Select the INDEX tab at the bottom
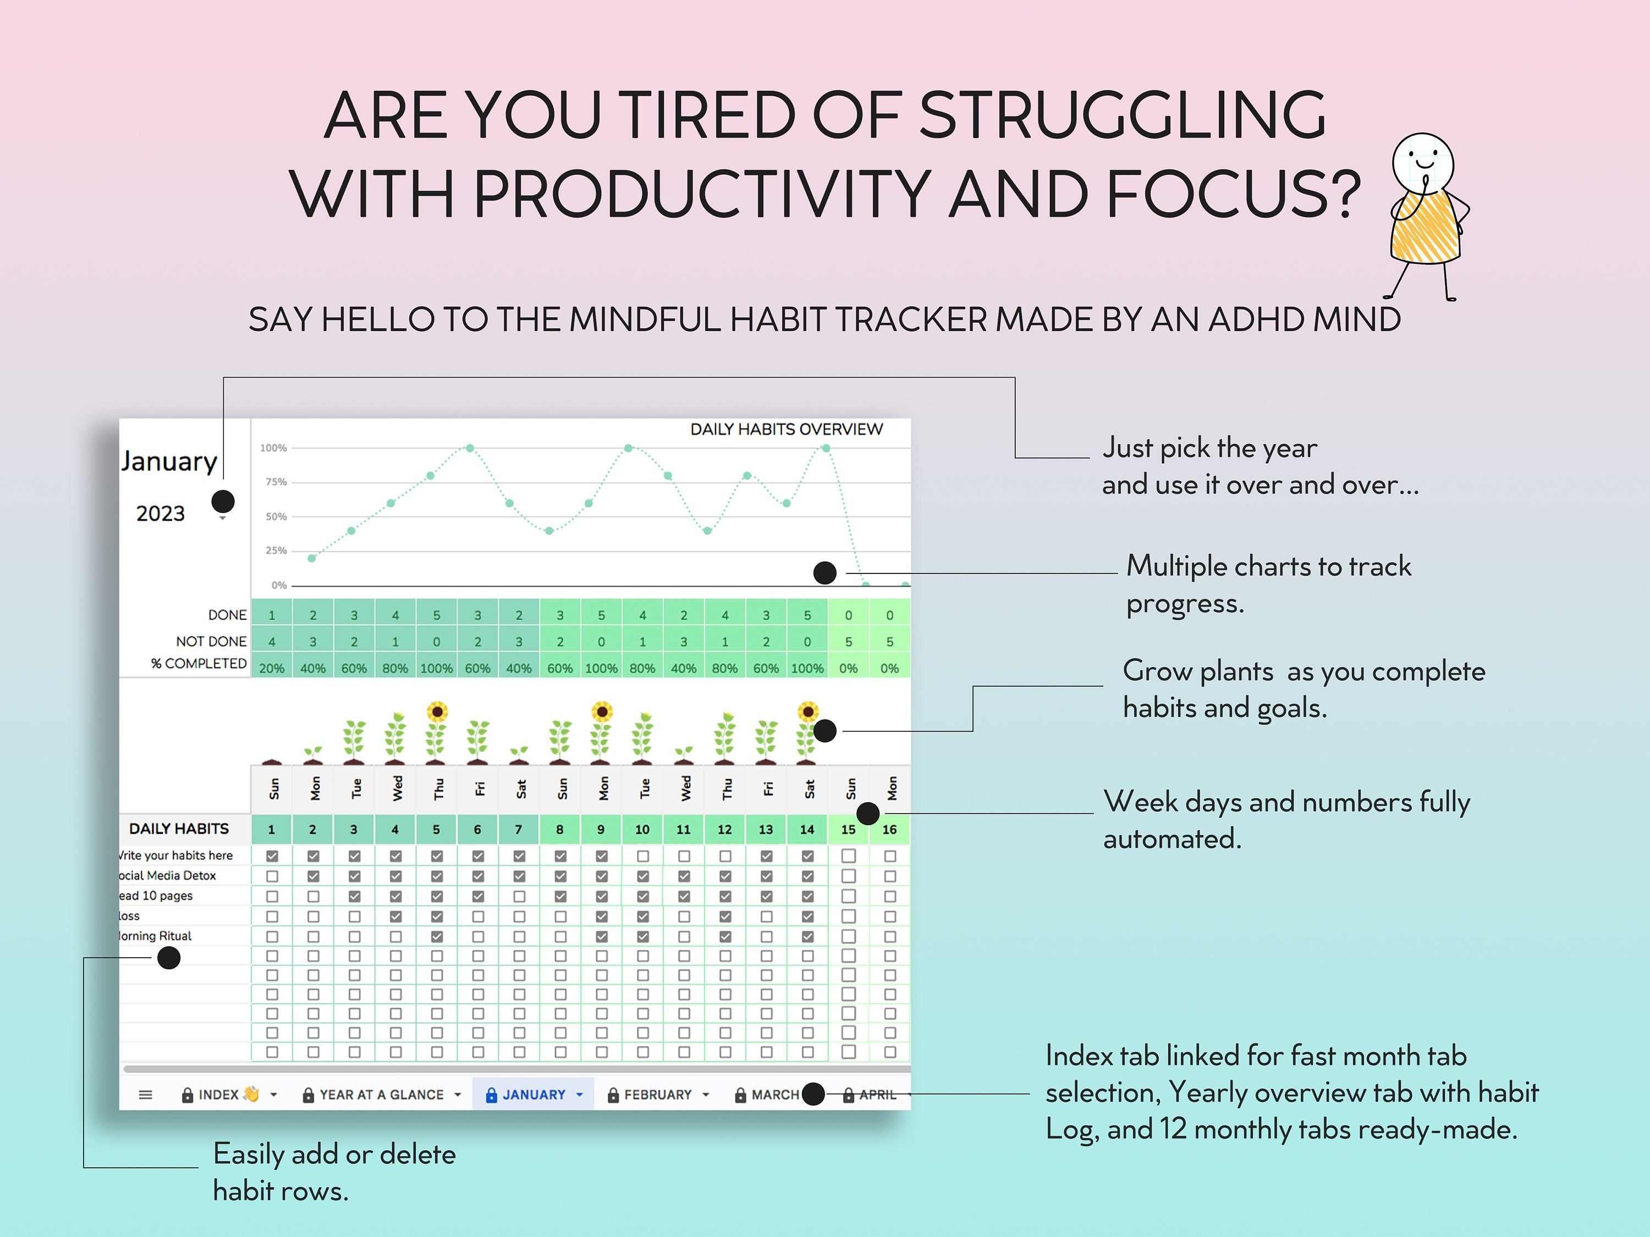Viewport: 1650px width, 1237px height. pos(218,1095)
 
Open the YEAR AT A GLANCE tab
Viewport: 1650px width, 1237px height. pos(381,1095)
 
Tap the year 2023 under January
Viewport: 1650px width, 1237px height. pos(161,513)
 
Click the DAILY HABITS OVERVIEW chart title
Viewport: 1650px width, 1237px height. pos(786,429)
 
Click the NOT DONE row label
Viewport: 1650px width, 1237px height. pos(211,641)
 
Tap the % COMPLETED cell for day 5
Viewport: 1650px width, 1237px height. pos(436,668)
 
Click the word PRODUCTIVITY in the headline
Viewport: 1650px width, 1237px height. pos(701,194)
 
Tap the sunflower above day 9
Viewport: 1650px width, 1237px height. pos(601,712)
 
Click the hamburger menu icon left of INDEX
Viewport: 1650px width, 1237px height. pos(145,1095)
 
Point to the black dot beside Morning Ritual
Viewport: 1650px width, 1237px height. pos(169,957)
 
